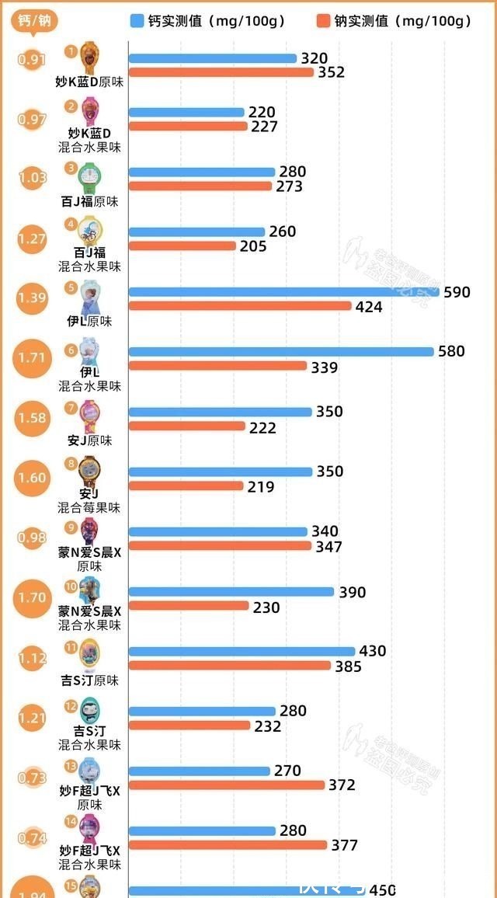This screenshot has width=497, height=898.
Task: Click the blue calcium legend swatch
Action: [137, 21]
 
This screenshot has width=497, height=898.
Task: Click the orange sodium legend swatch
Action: [324, 21]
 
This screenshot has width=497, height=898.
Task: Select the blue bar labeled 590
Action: [283, 292]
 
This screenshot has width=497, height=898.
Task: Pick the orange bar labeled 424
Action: [239, 306]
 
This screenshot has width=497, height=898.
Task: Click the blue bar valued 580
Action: [280, 351]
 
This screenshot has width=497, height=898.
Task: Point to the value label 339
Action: [324, 367]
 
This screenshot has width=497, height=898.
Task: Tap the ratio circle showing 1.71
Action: [33, 359]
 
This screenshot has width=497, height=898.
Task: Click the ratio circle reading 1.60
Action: [33, 478]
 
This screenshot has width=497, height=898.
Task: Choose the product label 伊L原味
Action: [89, 321]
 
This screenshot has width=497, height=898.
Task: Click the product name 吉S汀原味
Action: [89, 680]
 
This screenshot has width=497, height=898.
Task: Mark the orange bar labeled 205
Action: [182, 246]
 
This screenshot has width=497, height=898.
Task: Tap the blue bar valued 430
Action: [241, 651]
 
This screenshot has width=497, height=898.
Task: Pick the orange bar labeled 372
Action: [226, 785]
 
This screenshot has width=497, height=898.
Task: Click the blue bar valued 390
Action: [231, 592]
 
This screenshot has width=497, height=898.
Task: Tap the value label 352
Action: [331, 72]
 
